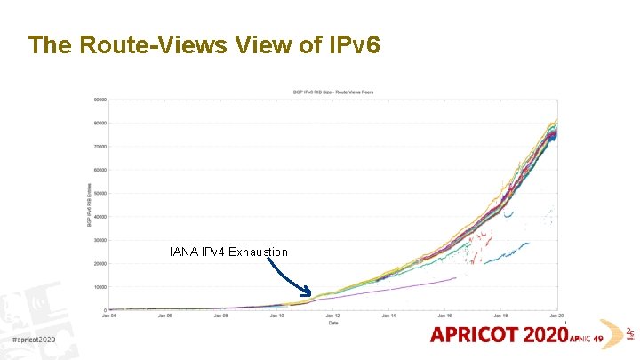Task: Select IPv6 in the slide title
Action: tap(353, 44)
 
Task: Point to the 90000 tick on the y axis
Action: tap(100, 100)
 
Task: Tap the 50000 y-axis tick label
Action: tap(100, 193)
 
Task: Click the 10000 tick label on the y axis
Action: tap(100, 286)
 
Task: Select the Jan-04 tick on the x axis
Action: tap(109, 316)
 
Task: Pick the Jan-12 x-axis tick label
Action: tap(332, 316)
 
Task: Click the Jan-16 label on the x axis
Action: tap(444, 316)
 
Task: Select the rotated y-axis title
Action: tap(90, 204)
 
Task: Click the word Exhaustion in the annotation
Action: tap(258, 252)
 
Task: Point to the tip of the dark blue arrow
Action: tap(310, 294)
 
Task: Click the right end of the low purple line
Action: tap(456, 278)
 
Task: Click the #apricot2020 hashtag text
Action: tap(35, 340)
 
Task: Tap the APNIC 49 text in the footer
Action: tap(586, 339)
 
